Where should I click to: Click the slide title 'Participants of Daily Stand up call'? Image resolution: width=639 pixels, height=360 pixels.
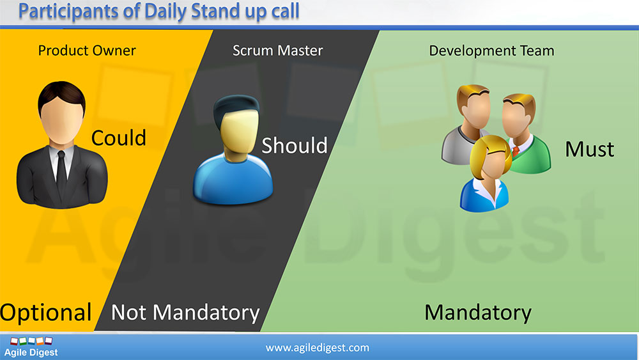point(159,12)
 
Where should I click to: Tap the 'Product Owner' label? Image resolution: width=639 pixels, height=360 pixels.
point(87,51)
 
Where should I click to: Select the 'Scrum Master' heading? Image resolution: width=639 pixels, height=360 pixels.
point(277,51)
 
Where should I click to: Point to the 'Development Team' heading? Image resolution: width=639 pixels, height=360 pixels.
point(491,51)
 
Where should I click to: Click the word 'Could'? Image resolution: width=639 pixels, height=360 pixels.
point(119,138)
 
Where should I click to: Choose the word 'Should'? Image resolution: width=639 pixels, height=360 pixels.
point(294,146)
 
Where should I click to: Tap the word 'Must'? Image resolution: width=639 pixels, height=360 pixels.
point(589,149)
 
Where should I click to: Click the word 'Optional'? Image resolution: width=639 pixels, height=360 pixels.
point(45,313)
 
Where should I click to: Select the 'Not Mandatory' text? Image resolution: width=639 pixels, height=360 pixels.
point(185,313)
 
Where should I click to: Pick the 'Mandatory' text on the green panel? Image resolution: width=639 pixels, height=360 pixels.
point(478,313)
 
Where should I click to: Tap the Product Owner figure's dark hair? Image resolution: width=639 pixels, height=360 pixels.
point(61,95)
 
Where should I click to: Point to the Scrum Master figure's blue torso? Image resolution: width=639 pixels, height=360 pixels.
point(233,180)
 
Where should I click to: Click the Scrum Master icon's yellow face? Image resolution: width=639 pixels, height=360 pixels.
point(238,132)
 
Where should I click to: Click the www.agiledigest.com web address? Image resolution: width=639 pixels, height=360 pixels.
point(318,348)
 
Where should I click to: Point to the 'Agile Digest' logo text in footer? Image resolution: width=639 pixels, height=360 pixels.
point(31,352)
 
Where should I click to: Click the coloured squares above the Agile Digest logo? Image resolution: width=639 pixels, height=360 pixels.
point(31,341)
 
